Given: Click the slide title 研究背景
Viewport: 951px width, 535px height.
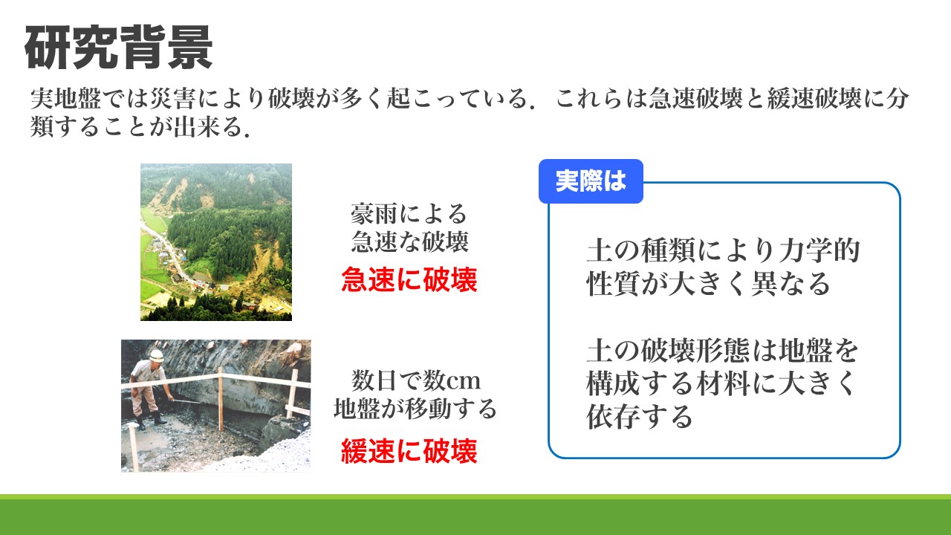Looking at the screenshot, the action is pos(118,47).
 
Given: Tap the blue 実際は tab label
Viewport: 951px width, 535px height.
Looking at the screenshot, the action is pos(591,181).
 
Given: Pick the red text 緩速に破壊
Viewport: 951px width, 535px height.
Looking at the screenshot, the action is pos(409,451).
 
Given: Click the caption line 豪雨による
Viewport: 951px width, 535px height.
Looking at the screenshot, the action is pos(409,213).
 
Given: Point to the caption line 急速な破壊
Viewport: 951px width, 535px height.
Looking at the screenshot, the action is pos(409,241).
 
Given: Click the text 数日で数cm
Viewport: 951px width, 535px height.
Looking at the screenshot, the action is pos(415,380).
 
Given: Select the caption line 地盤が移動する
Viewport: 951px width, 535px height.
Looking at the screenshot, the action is pos(415,409).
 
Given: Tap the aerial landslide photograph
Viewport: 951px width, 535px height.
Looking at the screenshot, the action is pos(216,242).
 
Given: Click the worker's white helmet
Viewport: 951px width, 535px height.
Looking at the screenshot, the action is pos(156,355).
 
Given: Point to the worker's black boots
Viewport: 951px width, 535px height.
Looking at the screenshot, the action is pos(151,421).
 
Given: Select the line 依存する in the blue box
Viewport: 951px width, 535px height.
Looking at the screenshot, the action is pos(640,416).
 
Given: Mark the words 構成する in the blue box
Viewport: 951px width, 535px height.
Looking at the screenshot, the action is pos(640,383).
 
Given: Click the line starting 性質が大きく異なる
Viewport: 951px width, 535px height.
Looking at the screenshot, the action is pos(708,283).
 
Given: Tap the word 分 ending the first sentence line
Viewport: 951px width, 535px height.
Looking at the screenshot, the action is pos(897,99).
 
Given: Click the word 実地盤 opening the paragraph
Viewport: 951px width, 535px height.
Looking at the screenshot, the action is pos(66,99).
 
